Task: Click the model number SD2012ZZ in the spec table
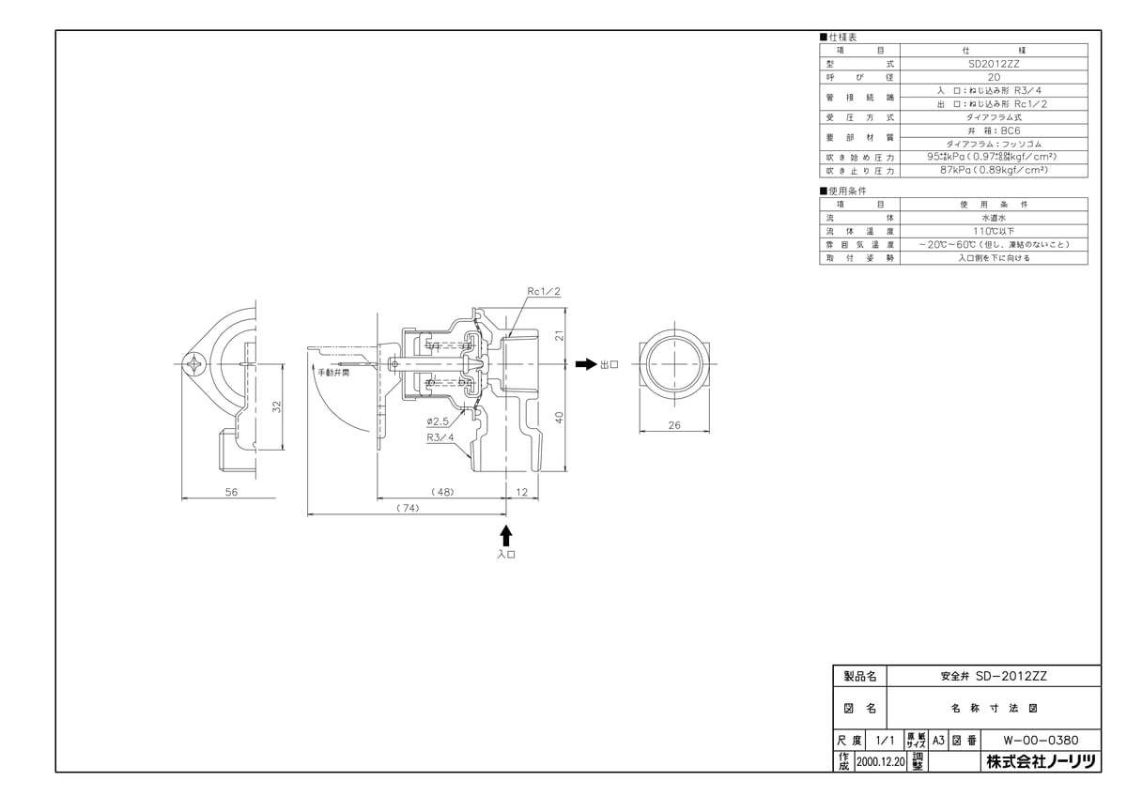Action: coord(994,65)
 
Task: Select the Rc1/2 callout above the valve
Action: coord(543,292)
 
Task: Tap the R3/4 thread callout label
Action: coord(440,436)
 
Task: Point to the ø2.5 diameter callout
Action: coord(438,421)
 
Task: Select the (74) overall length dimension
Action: coord(406,507)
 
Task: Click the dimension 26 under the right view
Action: coord(673,425)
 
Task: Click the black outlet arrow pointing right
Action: coord(584,364)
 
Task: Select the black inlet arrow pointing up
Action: coord(507,535)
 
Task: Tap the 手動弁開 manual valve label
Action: coord(332,373)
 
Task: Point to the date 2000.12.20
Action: coord(879,764)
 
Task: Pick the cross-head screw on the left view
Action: coord(197,363)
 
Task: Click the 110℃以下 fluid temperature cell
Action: coord(994,230)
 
